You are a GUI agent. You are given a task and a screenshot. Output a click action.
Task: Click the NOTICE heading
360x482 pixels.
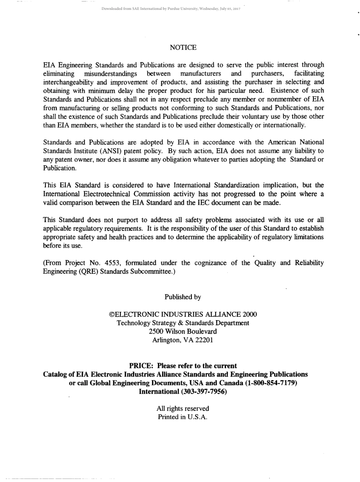coord(183,47)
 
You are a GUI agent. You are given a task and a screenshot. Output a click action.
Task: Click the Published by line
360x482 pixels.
coord(183,297)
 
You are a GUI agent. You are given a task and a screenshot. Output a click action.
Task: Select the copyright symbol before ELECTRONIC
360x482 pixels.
coord(111,315)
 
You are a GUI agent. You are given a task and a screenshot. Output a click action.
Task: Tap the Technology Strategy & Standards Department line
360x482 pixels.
coord(183,323)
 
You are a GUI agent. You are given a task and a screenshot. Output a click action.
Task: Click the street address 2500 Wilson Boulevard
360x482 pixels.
coord(183,331)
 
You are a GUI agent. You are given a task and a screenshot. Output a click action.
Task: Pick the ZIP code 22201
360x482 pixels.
coord(204,340)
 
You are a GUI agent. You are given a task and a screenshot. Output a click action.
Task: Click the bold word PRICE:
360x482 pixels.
coord(142,366)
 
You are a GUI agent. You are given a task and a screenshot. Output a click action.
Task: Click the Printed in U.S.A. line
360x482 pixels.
coord(183,417)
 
